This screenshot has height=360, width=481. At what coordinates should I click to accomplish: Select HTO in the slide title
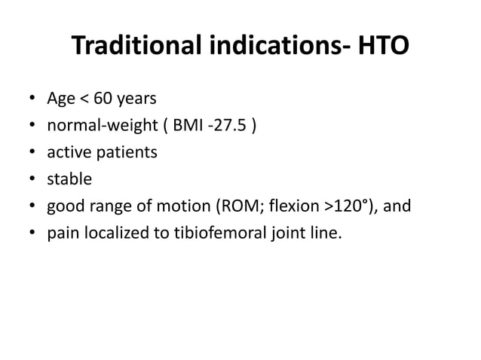pyautogui.click(x=382, y=47)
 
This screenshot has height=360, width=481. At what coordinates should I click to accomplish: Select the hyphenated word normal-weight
pyautogui.click(x=97, y=126)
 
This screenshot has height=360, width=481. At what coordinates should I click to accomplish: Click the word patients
pyautogui.click(x=126, y=153)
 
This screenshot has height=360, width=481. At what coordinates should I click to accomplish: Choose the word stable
pyautogui.click(x=69, y=180)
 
